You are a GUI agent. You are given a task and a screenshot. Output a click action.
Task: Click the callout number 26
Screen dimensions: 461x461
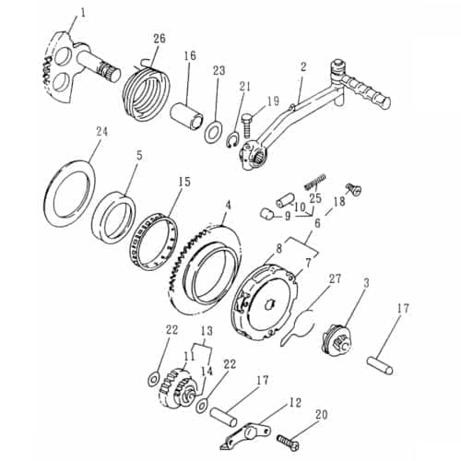click(x=160, y=38)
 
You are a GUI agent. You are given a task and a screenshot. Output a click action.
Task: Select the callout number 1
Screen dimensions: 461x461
click(x=82, y=13)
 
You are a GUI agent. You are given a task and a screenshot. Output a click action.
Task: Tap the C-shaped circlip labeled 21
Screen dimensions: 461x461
click(x=235, y=138)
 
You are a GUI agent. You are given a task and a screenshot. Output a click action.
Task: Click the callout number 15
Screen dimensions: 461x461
click(x=184, y=183)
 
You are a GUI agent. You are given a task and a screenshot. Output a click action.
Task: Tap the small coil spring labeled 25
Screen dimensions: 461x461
click(x=316, y=178)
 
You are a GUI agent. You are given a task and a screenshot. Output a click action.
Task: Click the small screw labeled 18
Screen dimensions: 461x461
click(x=353, y=189)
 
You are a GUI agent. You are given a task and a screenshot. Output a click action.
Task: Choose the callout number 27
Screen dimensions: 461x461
click(x=335, y=278)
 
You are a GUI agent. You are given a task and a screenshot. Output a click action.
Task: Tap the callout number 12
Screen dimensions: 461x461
click(x=294, y=402)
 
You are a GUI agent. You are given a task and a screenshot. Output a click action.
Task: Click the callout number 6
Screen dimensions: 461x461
click(x=316, y=222)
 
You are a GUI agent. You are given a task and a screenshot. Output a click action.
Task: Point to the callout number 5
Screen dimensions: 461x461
click(x=139, y=156)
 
